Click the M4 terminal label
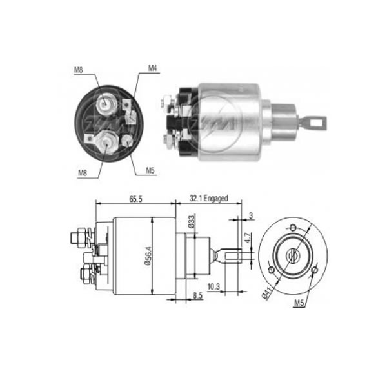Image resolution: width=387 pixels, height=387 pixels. click(x=153, y=68)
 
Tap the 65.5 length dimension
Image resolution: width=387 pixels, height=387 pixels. click(x=135, y=199)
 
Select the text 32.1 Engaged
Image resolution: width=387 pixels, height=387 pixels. click(x=208, y=199)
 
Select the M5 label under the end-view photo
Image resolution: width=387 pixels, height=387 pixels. click(x=150, y=171)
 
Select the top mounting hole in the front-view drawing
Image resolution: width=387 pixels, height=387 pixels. click(x=293, y=227)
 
